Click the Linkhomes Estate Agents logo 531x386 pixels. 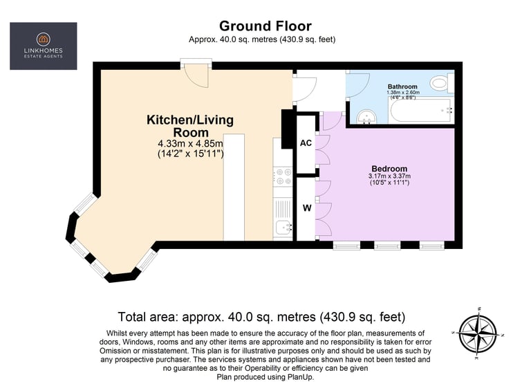coord(44,46)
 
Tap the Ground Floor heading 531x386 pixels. coord(265,26)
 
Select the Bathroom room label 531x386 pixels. coord(402,86)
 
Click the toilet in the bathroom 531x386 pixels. coord(442,83)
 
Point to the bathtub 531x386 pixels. coord(420,111)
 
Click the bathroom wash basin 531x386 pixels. coord(366,117)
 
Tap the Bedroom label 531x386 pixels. coord(389,168)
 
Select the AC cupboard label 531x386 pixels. coord(306,143)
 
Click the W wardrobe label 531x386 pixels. coord(307,208)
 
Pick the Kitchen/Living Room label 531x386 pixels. coord(190,126)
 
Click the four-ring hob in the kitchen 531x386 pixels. coord(282,176)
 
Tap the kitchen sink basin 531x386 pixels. coord(283,227)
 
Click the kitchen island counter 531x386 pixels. coord(234,187)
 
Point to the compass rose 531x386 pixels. coord(478,333)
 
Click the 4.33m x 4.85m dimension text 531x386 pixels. coord(191,143)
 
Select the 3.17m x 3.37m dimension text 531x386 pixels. coord(389,176)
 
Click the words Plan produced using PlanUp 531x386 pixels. coord(265,376)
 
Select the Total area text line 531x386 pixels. coord(261,317)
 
